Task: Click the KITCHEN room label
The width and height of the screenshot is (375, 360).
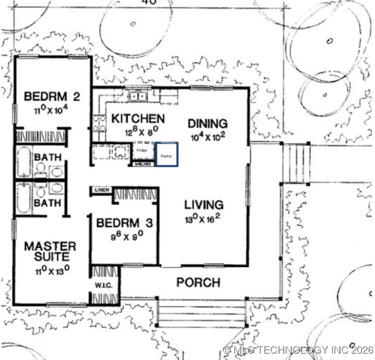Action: [138, 119]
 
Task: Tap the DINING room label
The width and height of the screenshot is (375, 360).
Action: [207, 123]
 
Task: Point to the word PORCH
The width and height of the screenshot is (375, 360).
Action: [197, 282]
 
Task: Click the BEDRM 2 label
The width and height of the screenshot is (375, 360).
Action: [46, 96]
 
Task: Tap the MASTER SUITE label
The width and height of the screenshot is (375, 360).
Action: [50, 252]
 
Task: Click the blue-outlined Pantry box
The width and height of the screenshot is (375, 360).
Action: [167, 155]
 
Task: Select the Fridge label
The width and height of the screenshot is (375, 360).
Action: [141, 150]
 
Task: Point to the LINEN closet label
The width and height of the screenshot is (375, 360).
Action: [102, 190]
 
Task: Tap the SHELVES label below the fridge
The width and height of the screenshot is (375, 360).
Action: [143, 164]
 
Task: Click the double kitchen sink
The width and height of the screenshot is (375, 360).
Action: [138, 96]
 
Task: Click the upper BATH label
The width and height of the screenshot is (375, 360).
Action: [48, 157]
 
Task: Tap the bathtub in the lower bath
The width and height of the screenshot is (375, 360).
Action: [24, 198]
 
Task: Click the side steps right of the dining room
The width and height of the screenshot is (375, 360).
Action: [296, 163]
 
